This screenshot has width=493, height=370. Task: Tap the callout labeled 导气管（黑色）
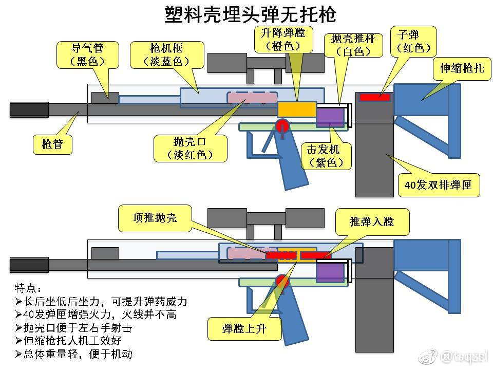tap(87, 54)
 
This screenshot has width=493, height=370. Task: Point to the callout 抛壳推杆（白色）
tap(353, 45)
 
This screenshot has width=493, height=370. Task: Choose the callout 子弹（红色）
tap(413, 42)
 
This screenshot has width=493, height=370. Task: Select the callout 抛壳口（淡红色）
tap(191, 148)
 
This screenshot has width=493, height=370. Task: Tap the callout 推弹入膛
tap(372, 221)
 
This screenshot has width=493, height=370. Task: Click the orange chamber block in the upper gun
tap(296, 109)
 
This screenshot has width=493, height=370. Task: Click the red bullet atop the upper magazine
tap(374, 97)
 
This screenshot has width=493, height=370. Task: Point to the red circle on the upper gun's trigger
tap(282, 126)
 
